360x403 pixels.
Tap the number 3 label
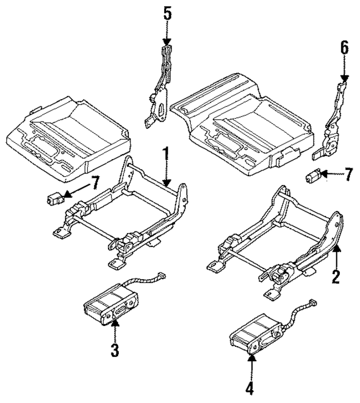pos(114,350)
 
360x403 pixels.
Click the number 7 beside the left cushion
pos(95,182)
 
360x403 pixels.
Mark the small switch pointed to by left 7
pos(55,198)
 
